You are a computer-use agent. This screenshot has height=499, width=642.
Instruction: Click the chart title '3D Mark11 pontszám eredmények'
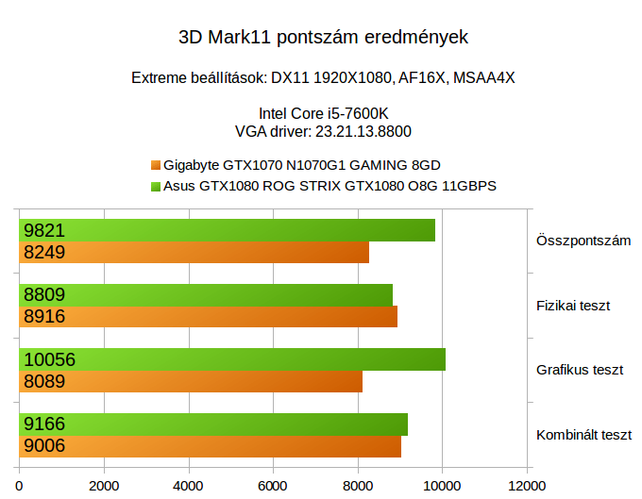tap(323, 39)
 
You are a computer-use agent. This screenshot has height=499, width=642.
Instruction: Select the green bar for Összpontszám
tap(227, 230)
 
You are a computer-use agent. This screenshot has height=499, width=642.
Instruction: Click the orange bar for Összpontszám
tap(194, 252)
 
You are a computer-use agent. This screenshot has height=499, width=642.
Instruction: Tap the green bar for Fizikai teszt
tap(206, 294)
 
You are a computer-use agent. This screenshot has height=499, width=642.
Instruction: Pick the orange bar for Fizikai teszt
tap(208, 316)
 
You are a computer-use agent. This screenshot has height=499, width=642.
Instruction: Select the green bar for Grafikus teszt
tap(232, 359)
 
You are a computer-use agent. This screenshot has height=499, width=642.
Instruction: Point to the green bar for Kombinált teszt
tap(213, 424)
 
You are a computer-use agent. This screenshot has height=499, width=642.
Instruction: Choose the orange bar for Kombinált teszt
tap(210, 446)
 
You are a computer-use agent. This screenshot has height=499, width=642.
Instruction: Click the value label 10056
tap(49, 359)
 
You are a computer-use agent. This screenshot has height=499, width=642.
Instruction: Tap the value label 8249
tap(44, 252)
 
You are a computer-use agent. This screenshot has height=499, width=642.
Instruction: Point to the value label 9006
tap(44, 446)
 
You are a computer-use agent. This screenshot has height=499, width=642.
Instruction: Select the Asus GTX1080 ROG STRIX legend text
tap(329, 186)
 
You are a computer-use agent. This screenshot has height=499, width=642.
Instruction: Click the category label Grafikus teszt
tap(580, 370)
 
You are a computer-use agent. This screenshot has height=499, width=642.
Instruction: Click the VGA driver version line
tap(323, 131)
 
